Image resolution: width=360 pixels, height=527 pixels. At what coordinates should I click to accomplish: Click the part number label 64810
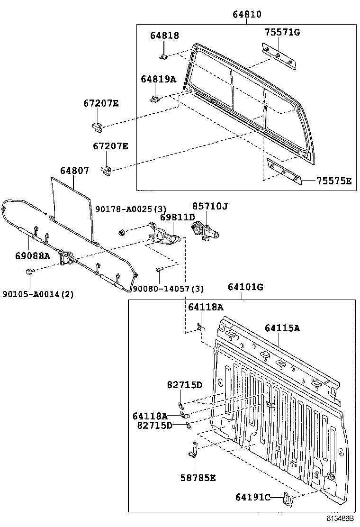coord(246,15)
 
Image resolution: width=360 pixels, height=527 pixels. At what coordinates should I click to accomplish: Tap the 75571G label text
coord(282,32)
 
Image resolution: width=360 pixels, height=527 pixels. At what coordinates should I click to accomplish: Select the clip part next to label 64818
coord(163,57)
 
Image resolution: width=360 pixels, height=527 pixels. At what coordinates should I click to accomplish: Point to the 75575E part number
coord(334,181)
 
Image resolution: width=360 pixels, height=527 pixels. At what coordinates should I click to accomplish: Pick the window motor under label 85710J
coord(207,231)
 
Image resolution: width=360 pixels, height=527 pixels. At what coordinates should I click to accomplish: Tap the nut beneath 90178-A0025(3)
coord(122,232)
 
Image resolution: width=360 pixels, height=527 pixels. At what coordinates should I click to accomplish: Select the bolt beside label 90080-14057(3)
coord(159,269)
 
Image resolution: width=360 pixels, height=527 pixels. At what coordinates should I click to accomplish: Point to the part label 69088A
coord(32,255)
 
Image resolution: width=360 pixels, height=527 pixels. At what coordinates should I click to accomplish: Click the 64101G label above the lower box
coord(245,287)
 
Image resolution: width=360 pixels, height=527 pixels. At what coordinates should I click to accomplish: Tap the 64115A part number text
coord(282,328)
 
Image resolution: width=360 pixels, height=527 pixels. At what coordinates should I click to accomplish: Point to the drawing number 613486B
coord(339,518)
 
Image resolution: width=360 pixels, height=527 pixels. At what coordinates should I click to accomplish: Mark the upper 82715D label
coord(184,385)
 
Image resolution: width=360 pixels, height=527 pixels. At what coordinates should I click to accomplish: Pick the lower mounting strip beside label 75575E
coord(284,171)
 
